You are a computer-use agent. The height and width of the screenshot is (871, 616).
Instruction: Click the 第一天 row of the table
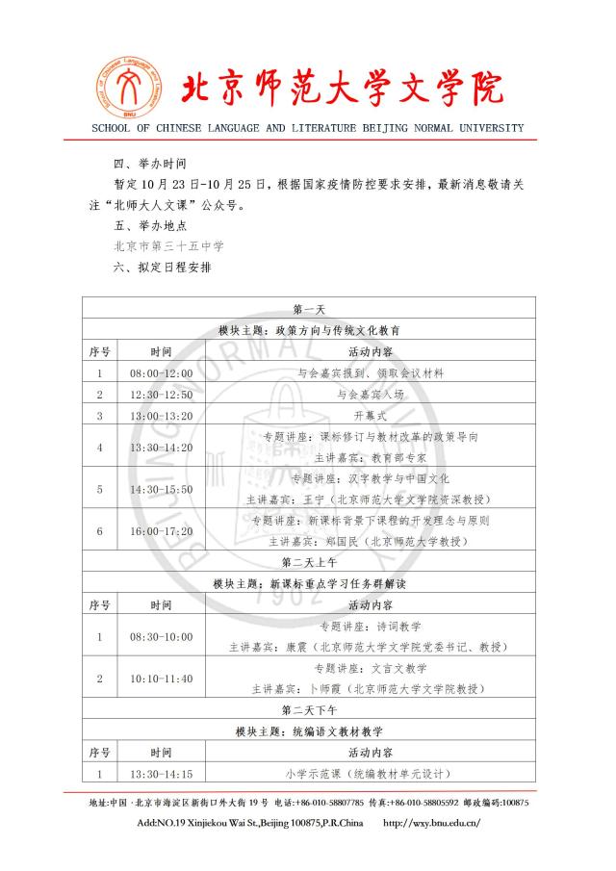tap(308, 308)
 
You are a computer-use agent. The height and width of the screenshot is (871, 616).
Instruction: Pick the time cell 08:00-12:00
tap(161, 372)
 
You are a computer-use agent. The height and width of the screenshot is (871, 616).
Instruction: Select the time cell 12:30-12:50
tap(161, 395)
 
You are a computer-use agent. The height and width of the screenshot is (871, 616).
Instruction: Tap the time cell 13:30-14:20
tap(161, 448)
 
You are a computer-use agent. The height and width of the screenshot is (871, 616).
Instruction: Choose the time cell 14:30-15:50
tap(161, 489)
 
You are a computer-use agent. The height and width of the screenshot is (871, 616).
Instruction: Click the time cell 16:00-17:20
tap(161, 530)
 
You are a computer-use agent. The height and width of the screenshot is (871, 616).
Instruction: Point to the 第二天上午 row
tap(308, 562)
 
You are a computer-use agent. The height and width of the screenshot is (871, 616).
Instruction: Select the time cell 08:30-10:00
tap(161, 636)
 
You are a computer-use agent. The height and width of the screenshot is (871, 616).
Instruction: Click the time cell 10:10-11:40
tap(161, 679)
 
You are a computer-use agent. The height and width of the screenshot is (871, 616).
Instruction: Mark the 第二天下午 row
tap(308, 710)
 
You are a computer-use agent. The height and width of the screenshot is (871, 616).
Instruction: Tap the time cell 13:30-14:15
tap(161, 774)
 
